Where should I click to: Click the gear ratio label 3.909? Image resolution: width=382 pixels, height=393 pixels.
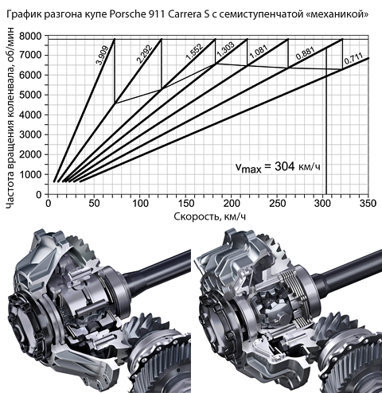[x=102, y=56]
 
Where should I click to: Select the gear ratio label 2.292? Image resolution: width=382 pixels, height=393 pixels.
[x=145, y=54]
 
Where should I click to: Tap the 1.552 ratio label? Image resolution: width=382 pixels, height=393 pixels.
[x=194, y=51]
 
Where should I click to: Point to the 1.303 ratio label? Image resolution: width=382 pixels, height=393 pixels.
[x=225, y=49]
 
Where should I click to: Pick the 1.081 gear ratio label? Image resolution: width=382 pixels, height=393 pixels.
[x=259, y=52]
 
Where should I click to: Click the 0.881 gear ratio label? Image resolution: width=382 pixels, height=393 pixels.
[x=306, y=53]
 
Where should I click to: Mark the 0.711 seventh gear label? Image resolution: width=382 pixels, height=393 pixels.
[x=353, y=60]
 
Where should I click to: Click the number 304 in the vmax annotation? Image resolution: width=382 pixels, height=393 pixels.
[x=285, y=166]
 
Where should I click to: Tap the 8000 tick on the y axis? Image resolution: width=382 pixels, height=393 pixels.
[x=30, y=36]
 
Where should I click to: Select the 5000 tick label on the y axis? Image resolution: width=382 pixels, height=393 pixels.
[x=30, y=95]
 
